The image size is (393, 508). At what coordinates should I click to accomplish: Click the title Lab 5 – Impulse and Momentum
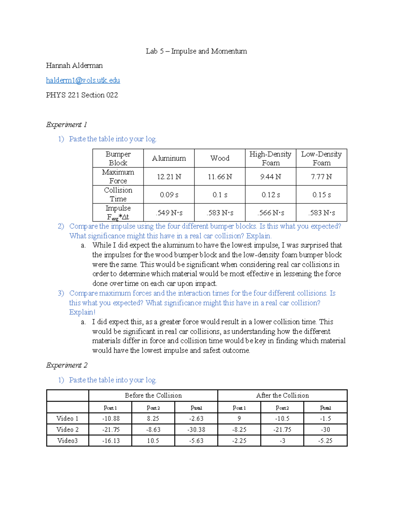click(196, 51)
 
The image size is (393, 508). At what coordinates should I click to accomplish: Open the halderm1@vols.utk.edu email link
click(83, 80)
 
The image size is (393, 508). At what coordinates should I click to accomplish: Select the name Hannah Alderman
click(74, 66)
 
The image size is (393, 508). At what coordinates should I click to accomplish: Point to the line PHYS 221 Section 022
click(82, 95)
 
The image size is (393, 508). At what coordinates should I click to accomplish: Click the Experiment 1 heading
click(66, 125)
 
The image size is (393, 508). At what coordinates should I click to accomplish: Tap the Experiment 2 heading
click(66, 365)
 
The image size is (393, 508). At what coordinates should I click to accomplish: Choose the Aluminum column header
click(169, 158)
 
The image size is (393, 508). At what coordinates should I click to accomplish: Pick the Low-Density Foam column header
click(321, 158)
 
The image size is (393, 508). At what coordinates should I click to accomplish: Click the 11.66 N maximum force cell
click(220, 177)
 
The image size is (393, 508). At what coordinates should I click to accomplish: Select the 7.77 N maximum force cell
click(321, 177)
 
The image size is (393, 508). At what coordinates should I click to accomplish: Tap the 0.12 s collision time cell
click(271, 195)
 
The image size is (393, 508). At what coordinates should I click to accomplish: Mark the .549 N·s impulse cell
click(169, 213)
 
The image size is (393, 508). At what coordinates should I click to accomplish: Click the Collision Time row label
click(118, 195)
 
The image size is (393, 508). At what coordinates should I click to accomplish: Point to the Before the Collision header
click(153, 395)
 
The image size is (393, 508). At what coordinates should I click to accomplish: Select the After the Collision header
click(282, 395)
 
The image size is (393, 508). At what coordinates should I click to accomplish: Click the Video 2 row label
click(67, 430)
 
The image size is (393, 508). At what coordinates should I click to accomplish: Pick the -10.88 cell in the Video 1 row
click(111, 419)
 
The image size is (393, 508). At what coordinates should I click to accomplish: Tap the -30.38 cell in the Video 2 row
click(196, 430)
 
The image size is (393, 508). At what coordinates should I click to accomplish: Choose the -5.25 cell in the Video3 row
click(325, 441)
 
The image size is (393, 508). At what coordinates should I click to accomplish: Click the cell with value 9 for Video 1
click(239, 419)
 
